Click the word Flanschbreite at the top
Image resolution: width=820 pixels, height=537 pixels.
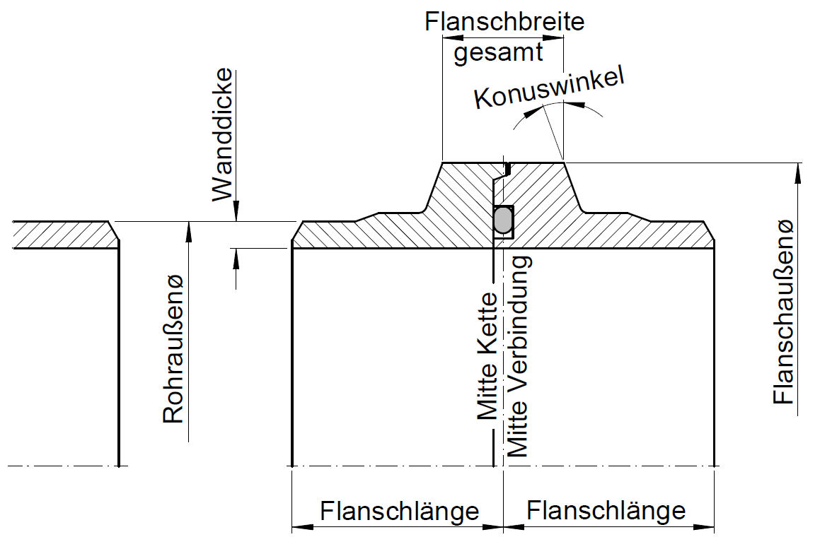(504, 21)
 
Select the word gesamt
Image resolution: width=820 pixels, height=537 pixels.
(498, 53)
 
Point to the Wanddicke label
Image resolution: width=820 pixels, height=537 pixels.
(223, 134)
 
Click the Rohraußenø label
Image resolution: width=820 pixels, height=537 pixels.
(173, 349)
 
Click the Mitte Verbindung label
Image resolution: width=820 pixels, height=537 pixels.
(519, 356)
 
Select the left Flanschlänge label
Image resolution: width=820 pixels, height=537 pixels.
(400, 509)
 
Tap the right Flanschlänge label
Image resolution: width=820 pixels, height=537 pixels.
(606, 509)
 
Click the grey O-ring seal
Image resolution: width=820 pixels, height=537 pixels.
(503, 220)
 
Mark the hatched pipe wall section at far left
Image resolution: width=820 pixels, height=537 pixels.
(64, 235)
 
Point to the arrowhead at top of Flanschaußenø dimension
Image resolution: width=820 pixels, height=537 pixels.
(798, 170)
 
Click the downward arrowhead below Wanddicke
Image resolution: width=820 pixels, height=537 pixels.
(236, 213)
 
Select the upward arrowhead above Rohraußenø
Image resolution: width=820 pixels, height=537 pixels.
(189, 228)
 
